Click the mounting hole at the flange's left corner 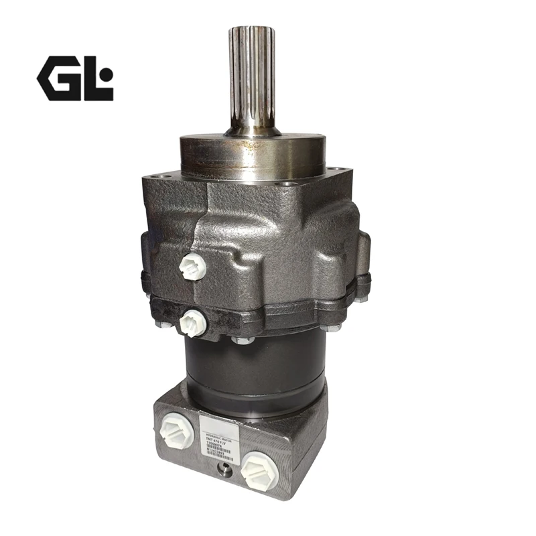(x=155, y=178)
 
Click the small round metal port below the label (x=225, y=472)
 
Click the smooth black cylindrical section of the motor (x=255, y=372)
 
